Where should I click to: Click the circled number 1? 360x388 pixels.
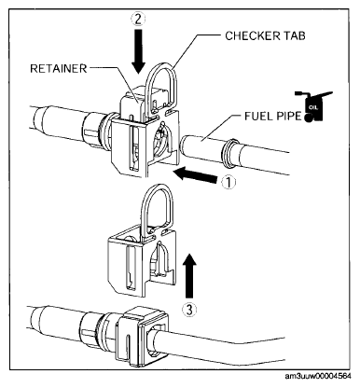(228, 183)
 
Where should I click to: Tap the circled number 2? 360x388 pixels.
(138, 20)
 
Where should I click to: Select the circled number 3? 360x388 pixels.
(189, 309)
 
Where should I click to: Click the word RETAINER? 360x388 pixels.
(59, 69)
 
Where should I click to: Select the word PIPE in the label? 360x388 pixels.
(288, 116)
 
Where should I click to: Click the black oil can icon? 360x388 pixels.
(313, 106)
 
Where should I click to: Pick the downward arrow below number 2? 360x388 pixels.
(138, 51)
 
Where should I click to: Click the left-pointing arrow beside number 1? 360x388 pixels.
(196, 175)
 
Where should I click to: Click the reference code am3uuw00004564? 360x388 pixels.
(318, 376)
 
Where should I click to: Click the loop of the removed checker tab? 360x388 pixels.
(157, 187)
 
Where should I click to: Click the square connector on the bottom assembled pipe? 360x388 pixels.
(142, 337)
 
